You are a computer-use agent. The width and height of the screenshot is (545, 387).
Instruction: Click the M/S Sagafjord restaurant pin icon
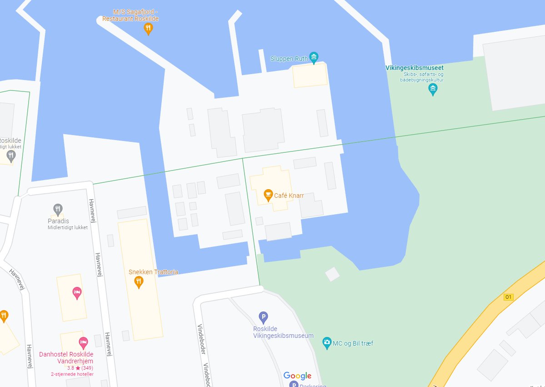[x=148, y=29]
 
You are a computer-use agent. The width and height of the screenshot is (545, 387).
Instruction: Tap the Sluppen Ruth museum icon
[x=314, y=57]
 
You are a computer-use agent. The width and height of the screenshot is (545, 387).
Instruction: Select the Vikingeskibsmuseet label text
[x=414, y=68]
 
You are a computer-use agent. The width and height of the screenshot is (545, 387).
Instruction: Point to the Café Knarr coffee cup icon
[x=268, y=195]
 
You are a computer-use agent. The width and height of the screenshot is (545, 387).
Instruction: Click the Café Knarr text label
[x=289, y=196]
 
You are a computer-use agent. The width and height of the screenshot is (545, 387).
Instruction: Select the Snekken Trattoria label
[x=153, y=272]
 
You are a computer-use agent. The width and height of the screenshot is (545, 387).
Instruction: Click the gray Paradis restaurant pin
[x=57, y=209]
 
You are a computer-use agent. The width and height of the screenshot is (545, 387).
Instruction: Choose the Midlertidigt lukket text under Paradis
[x=67, y=227]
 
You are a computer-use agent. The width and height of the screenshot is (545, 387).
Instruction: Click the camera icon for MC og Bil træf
[x=326, y=343]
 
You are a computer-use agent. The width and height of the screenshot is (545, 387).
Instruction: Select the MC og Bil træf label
[x=353, y=343]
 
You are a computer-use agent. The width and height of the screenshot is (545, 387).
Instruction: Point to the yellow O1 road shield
[x=508, y=297]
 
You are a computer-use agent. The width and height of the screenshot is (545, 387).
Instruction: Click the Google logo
[x=297, y=376]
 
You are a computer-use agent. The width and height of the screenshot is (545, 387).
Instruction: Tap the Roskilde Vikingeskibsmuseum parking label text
[x=283, y=332]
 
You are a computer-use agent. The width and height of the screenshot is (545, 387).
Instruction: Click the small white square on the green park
[x=332, y=274]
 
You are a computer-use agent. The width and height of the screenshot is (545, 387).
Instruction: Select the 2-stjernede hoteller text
[x=72, y=374]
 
